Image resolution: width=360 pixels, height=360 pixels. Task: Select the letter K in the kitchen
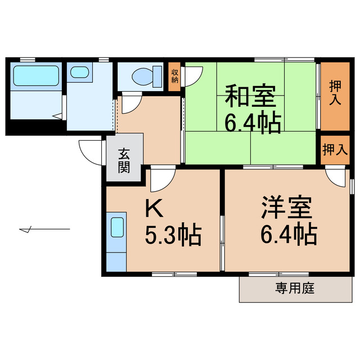pos(154,209)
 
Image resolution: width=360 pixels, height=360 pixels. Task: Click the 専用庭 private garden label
pos(295,289)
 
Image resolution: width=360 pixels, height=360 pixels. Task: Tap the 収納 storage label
pos(175,76)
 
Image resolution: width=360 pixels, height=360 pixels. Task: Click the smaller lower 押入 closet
pos(335,150)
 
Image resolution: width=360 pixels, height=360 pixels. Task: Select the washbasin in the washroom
pos(79,73)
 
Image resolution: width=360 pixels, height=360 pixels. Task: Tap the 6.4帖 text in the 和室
pos(253,122)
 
